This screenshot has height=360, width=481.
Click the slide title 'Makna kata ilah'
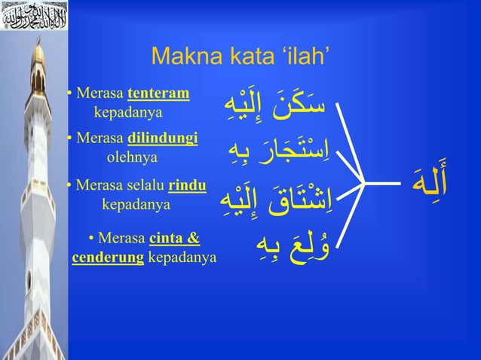240,56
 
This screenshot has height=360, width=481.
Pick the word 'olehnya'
132,157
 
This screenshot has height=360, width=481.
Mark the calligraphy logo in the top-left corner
34,15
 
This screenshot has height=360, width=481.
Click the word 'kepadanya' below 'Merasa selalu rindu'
136,203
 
